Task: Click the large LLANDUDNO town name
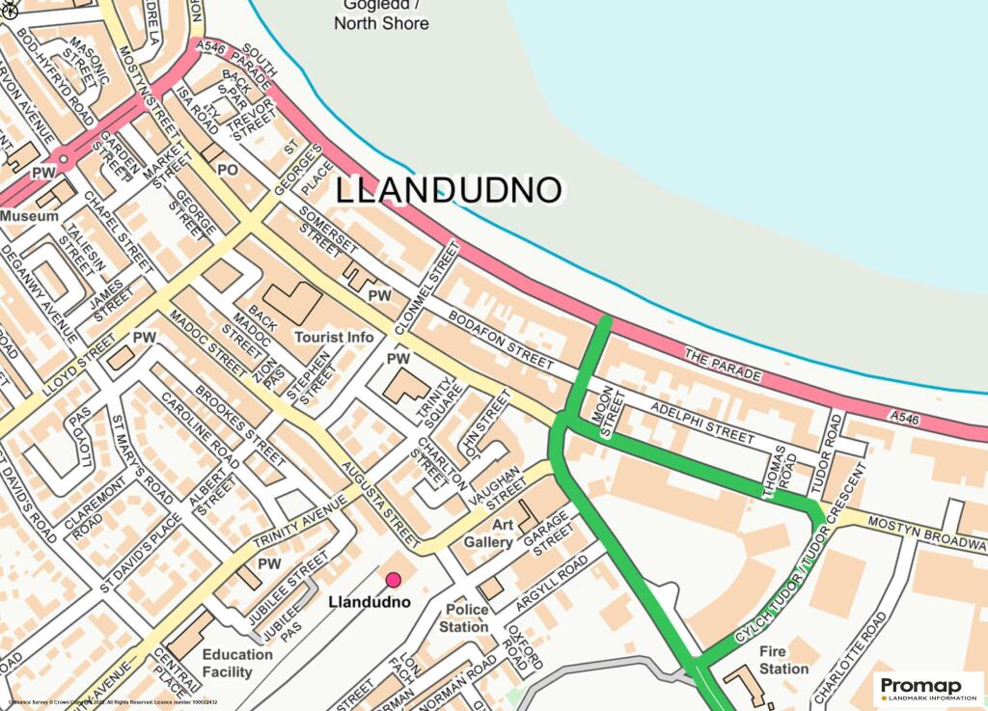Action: [x=448, y=190]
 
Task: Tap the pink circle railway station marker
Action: [x=394, y=580]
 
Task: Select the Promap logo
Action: [x=929, y=688]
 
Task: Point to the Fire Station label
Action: [x=783, y=660]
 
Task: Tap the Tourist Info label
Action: [x=334, y=338]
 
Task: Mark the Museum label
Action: [x=29, y=217]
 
